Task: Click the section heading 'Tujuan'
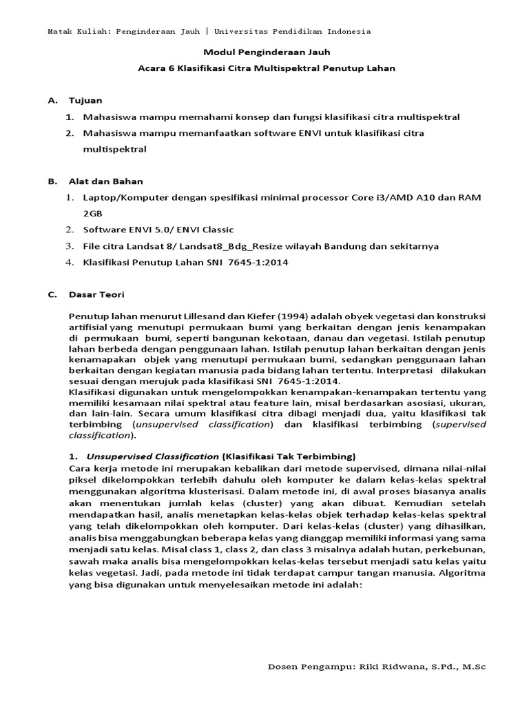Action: [x=85, y=100]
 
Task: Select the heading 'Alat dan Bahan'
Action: [x=106, y=181]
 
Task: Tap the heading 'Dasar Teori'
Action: [x=96, y=295]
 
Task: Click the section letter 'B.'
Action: [x=52, y=181]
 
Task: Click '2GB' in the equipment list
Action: [x=92, y=214]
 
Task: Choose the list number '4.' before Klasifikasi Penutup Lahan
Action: [x=70, y=263]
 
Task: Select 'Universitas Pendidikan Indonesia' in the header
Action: [x=293, y=32]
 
